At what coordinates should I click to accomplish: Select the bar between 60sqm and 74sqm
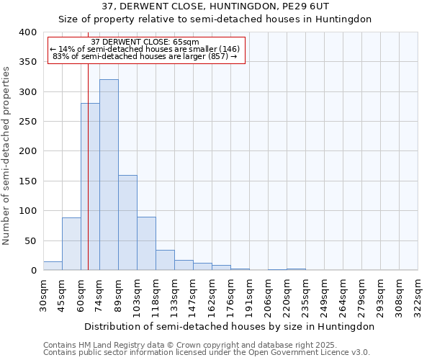(90, 187)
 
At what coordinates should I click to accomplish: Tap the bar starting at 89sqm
(127, 222)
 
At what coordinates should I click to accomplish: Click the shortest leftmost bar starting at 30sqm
(53, 266)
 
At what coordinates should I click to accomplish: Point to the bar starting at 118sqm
(165, 260)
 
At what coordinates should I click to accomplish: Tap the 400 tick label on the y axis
(27, 32)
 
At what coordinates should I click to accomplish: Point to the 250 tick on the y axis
(27, 122)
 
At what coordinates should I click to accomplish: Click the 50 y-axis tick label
(30, 240)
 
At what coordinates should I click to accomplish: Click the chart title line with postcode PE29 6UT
(215, 6)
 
